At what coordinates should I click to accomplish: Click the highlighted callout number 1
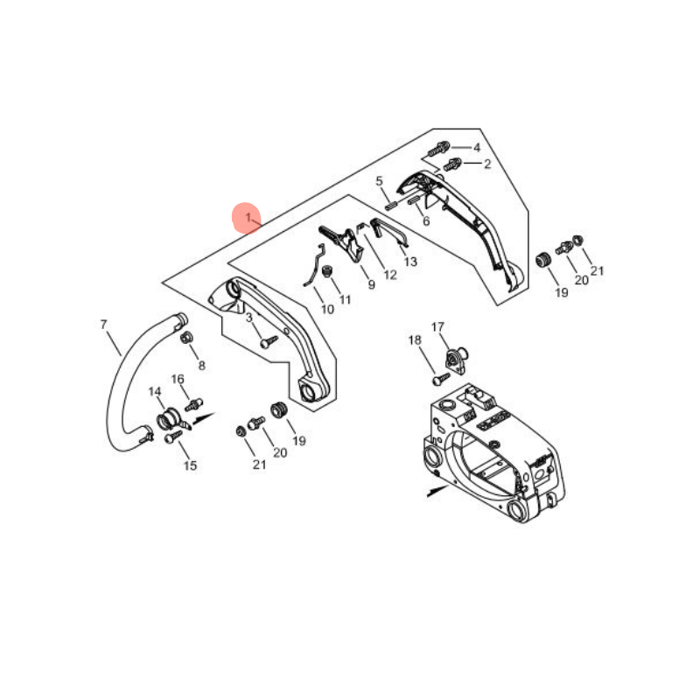coord(248,218)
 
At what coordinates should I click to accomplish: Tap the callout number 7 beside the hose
coord(103,324)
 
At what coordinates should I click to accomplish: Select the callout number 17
coord(437,326)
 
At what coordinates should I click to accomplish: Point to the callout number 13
coord(410,261)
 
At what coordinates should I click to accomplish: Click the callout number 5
coord(379,181)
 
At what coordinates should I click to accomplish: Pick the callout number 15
coord(190,465)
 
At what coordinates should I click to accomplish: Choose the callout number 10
coord(327,309)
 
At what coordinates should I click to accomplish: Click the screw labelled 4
coord(439,149)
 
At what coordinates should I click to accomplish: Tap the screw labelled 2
coord(451,164)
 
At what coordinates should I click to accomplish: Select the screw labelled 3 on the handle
coord(269,342)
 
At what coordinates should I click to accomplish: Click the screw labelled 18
coord(441,379)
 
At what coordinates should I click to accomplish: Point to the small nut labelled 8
coord(186,337)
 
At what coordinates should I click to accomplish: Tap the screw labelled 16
coord(193,404)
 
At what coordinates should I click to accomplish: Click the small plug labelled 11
coord(327,271)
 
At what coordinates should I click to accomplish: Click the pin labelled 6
coord(415,200)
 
